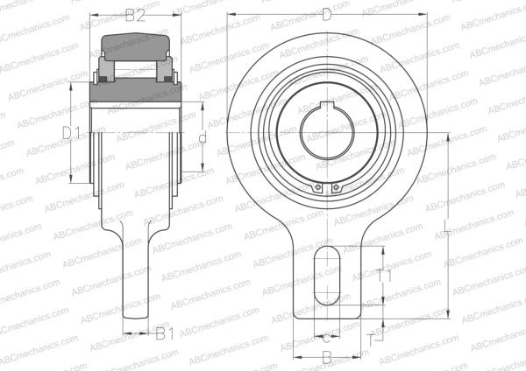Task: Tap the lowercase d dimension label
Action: [202, 137]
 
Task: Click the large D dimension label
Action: [327, 14]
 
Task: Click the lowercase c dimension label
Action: [326, 336]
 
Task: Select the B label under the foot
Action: [326, 356]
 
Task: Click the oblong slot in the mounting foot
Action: [326, 275]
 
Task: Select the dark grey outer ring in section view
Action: [136, 43]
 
